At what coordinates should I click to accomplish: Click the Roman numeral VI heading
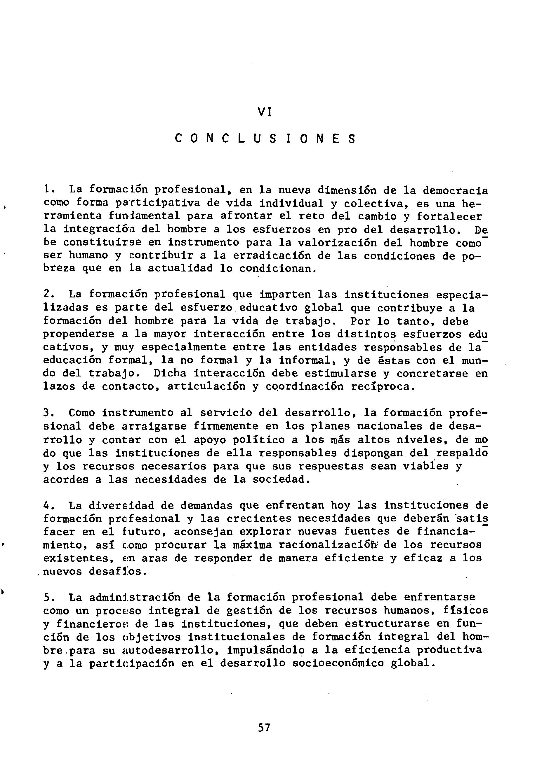tap(264, 112)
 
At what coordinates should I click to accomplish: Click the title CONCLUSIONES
tap(265, 139)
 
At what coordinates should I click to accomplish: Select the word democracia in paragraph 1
tap(455, 190)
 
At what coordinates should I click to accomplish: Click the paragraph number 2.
tap(47, 294)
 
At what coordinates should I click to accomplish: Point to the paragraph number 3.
tap(47, 413)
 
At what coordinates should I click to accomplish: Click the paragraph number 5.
tap(47, 598)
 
